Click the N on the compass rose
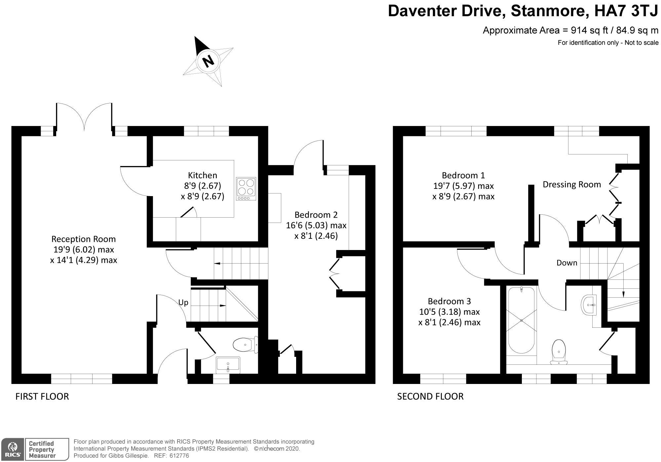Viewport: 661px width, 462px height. [x=208, y=61]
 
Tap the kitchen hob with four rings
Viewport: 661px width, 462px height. [x=246, y=189]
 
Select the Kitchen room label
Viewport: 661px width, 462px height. [x=203, y=175]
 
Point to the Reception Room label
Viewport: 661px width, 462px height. [x=84, y=239]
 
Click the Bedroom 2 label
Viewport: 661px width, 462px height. [x=316, y=215]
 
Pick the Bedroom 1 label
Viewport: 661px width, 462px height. [x=463, y=175]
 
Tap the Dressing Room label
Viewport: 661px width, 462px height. [x=572, y=185]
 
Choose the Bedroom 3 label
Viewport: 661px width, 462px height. [x=449, y=301]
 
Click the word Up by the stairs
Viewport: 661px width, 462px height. [x=183, y=302]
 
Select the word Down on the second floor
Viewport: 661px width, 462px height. [x=567, y=263]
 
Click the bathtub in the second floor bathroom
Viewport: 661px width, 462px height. [x=521, y=320]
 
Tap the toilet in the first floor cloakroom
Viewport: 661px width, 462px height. [x=245, y=345]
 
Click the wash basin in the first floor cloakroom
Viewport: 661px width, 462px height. [x=228, y=365]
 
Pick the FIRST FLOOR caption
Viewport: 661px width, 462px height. [x=42, y=397]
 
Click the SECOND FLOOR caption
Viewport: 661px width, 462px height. [x=430, y=397]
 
